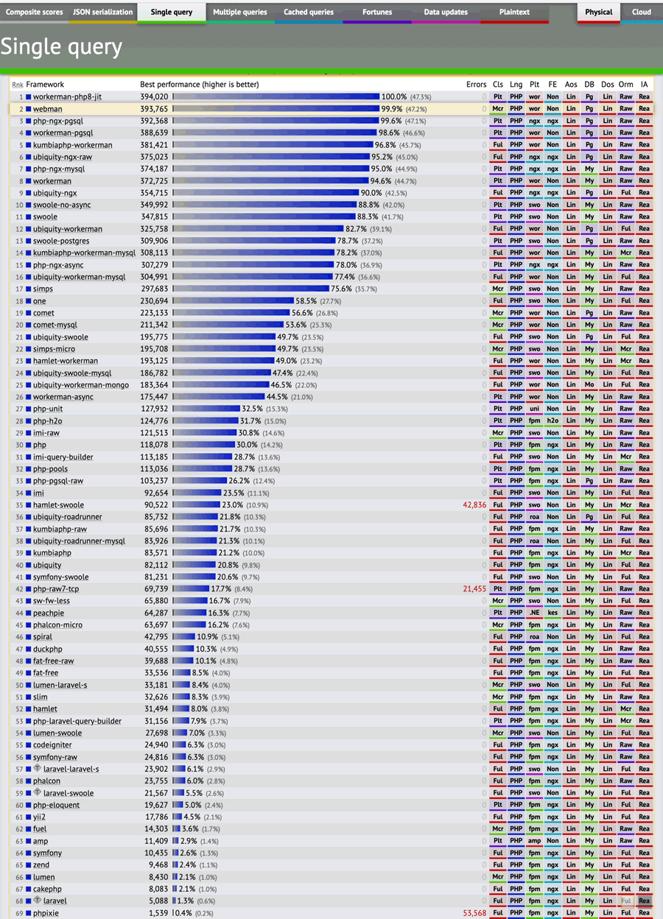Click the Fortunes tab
pyautogui.click(x=376, y=13)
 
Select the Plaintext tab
pyautogui.click(x=513, y=13)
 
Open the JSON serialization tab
pyautogui.click(x=102, y=13)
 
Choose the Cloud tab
pyautogui.click(x=641, y=13)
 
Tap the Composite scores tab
pyautogui.click(x=34, y=13)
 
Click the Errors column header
pyautogui.click(x=476, y=85)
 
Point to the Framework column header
pyautogui.click(x=45, y=85)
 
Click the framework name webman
pyautogui.click(x=47, y=109)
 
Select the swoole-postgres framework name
pyautogui.click(x=63, y=241)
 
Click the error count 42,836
pyautogui.click(x=474, y=505)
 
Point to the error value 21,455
pyautogui.click(x=474, y=589)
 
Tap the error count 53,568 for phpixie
pyautogui.click(x=474, y=913)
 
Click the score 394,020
pyautogui.click(x=154, y=97)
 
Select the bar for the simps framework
pyautogui.click(x=251, y=289)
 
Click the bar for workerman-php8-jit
pyautogui.click(x=276, y=97)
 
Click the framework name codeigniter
pyautogui.click(x=52, y=745)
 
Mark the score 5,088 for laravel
pyautogui.click(x=158, y=901)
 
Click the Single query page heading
pyautogui.click(x=61, y=47)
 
